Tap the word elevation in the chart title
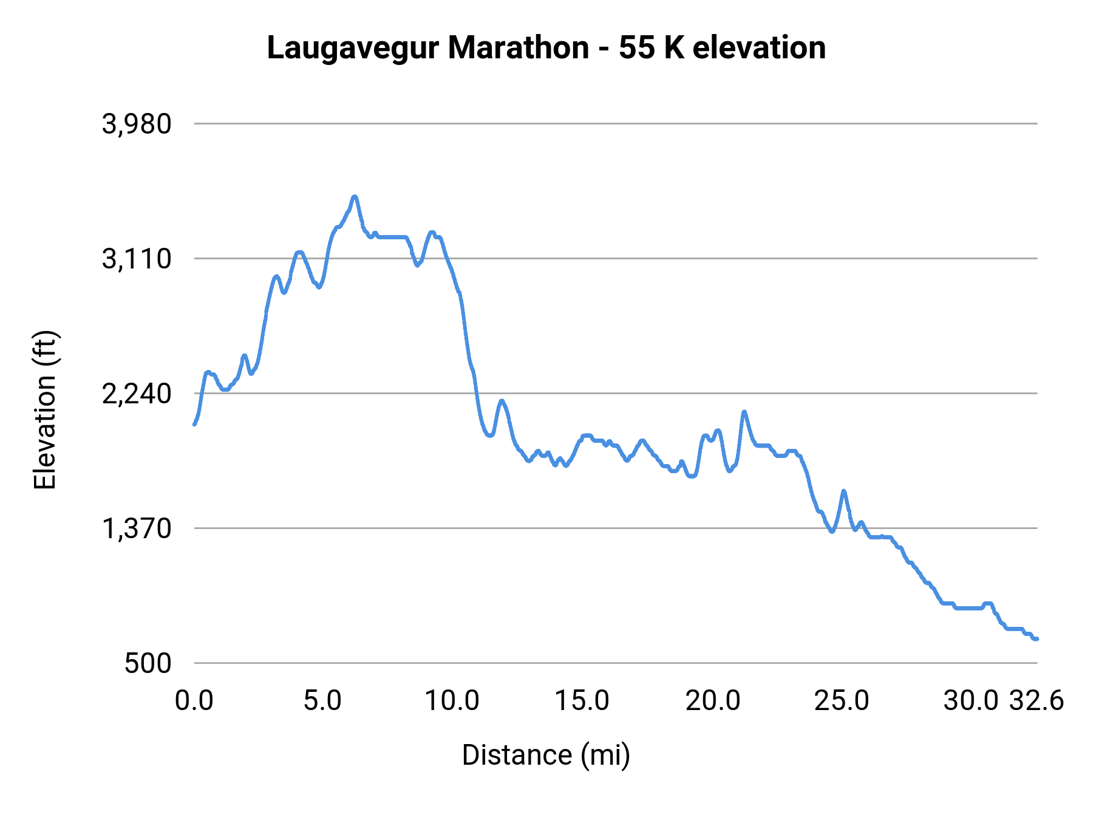(x=758, y=48)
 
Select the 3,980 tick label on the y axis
(x=137, y=124)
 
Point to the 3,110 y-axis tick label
(x=137, y=259)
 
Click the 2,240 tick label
(x=137, y=394)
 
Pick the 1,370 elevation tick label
(x=137, y=529)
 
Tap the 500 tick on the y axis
(x=148, y=663)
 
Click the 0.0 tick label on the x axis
(x=194, y=701)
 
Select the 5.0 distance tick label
(x=323, y=701)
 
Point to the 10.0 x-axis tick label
(x=452, y=701)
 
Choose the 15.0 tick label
(x=582, y=701)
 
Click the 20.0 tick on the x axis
(x=713, y=701)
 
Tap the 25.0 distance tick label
(x=842, y=701)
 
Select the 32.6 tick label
(x=1037, y=701)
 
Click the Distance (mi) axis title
(x=546, y=755)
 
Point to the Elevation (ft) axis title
(x=45, y=410)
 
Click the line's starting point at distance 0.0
(x=194, y=424)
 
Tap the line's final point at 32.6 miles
(x=1037, y=639)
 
